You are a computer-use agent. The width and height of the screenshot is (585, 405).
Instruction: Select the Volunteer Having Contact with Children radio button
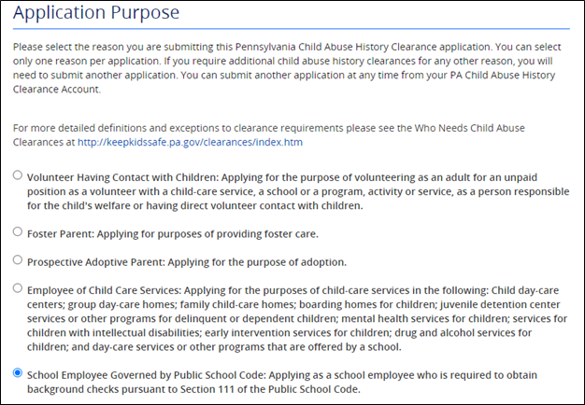18,175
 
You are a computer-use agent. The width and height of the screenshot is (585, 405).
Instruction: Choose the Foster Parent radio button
18,230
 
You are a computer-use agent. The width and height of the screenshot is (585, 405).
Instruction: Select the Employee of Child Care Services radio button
18,288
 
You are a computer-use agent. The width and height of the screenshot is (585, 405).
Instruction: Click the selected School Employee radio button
18,373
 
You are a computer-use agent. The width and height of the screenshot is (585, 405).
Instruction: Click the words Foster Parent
61,232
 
